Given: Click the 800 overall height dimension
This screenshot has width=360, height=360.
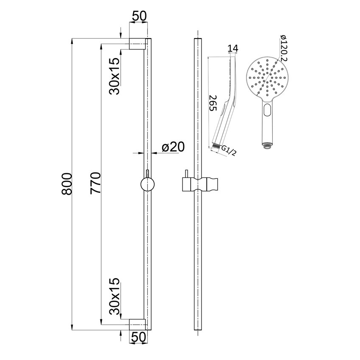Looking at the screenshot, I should (x=67, y=183).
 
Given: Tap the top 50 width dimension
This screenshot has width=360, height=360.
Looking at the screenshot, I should (x=139, y=17).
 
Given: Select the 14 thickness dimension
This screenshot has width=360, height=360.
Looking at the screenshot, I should (x=233, y=49).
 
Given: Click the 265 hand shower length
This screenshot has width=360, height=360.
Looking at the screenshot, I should (x=213, y=103).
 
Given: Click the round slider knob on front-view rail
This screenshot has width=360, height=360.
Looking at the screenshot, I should (x=147, y=185).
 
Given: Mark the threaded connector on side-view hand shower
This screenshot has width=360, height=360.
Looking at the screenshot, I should (x=216, y=147).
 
